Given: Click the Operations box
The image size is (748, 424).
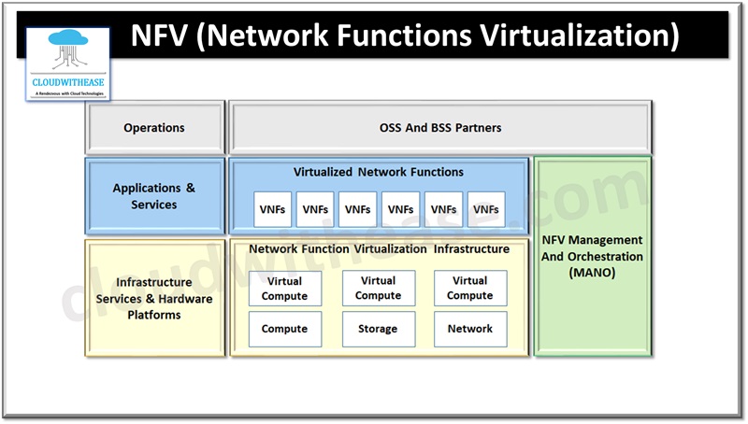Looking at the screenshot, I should [154, 128].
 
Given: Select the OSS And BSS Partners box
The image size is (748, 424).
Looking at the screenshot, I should [439, 128].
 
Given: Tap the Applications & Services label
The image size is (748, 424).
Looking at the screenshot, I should [154, 196].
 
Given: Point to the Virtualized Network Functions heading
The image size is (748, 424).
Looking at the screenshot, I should [379, 172].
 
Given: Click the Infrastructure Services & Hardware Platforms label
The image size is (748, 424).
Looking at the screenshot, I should [154, 298].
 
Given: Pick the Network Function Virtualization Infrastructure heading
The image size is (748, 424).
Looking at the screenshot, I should [379, 249].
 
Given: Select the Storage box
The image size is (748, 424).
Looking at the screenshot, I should [378, 329].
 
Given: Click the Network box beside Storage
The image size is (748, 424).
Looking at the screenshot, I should [469, 329].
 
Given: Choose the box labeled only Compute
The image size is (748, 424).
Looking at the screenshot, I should [284, 329].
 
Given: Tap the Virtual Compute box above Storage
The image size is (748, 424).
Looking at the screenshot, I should [378, 288].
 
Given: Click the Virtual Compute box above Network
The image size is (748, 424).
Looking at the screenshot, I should [469, 288].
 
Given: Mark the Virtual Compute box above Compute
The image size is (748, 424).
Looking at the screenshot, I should [284, 288].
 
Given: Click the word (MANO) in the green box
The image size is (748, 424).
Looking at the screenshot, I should [593, 273].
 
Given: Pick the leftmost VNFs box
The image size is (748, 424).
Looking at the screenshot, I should [272, 209].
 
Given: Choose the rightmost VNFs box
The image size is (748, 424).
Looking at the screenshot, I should [486, 209].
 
